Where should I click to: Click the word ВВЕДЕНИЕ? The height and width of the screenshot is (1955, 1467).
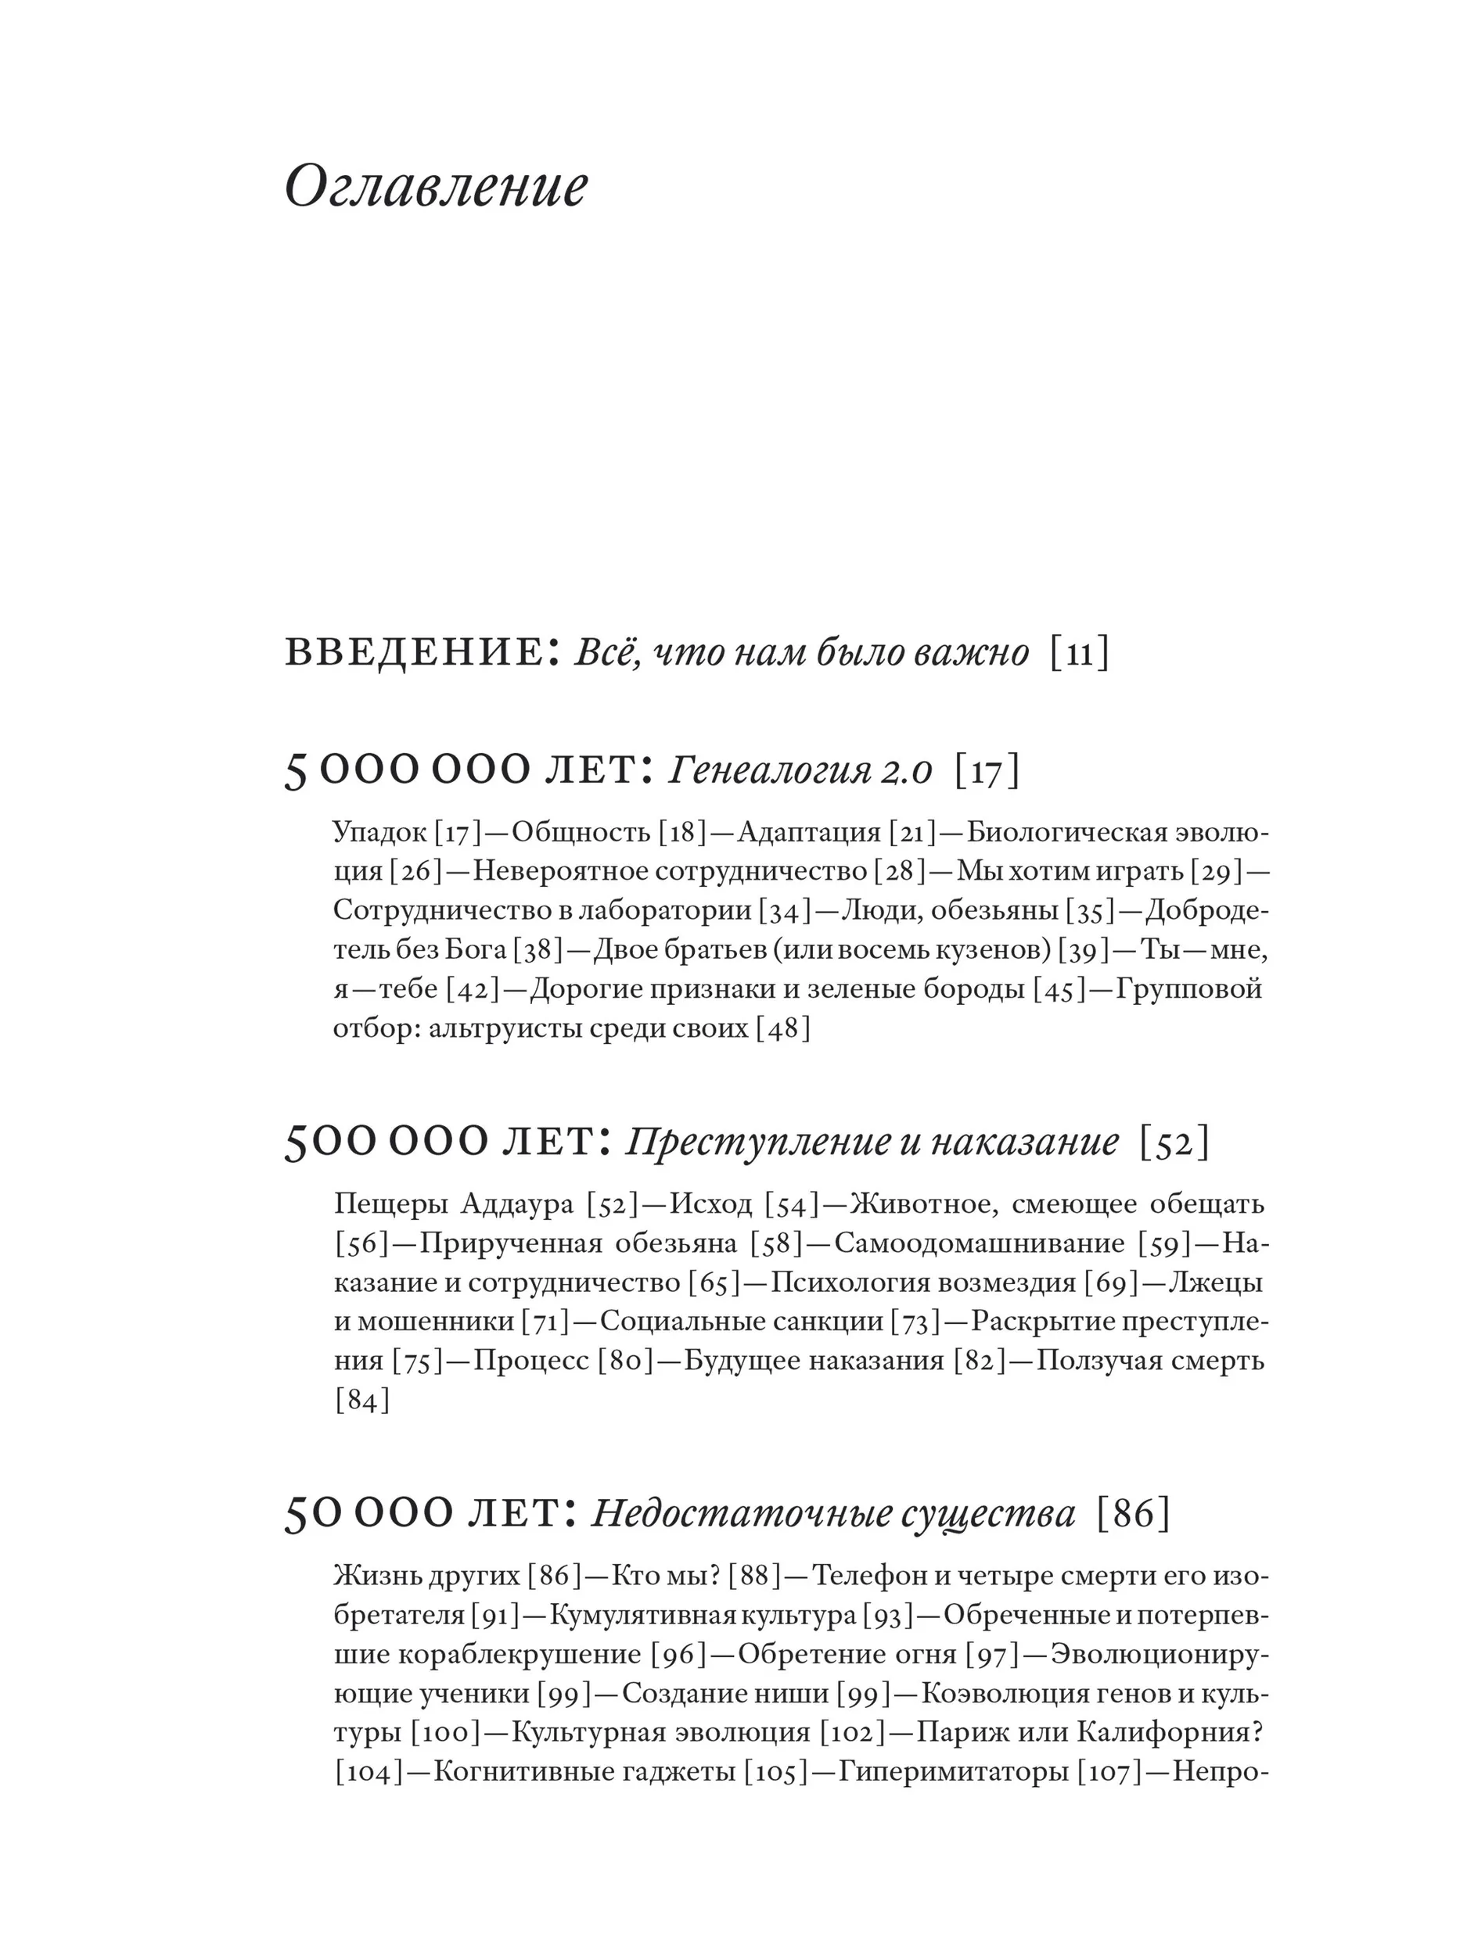click(x=414, y=653)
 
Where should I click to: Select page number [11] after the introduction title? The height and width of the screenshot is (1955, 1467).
click(x=1079, y=655)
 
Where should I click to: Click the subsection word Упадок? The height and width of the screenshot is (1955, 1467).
click(x=379, y=833)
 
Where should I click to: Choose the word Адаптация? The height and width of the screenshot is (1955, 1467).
click(x=809, y=833)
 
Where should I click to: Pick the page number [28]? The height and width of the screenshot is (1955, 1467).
click(x=899, y=871)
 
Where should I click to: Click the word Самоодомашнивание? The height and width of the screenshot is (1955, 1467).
click(x=979, y=1243)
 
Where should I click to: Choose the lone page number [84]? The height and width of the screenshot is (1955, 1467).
click(x=362, y=1401)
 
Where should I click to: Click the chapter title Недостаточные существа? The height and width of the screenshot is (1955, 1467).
click(x=833, y=1514)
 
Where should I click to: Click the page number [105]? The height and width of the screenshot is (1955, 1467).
click(x=775, y=1773)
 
